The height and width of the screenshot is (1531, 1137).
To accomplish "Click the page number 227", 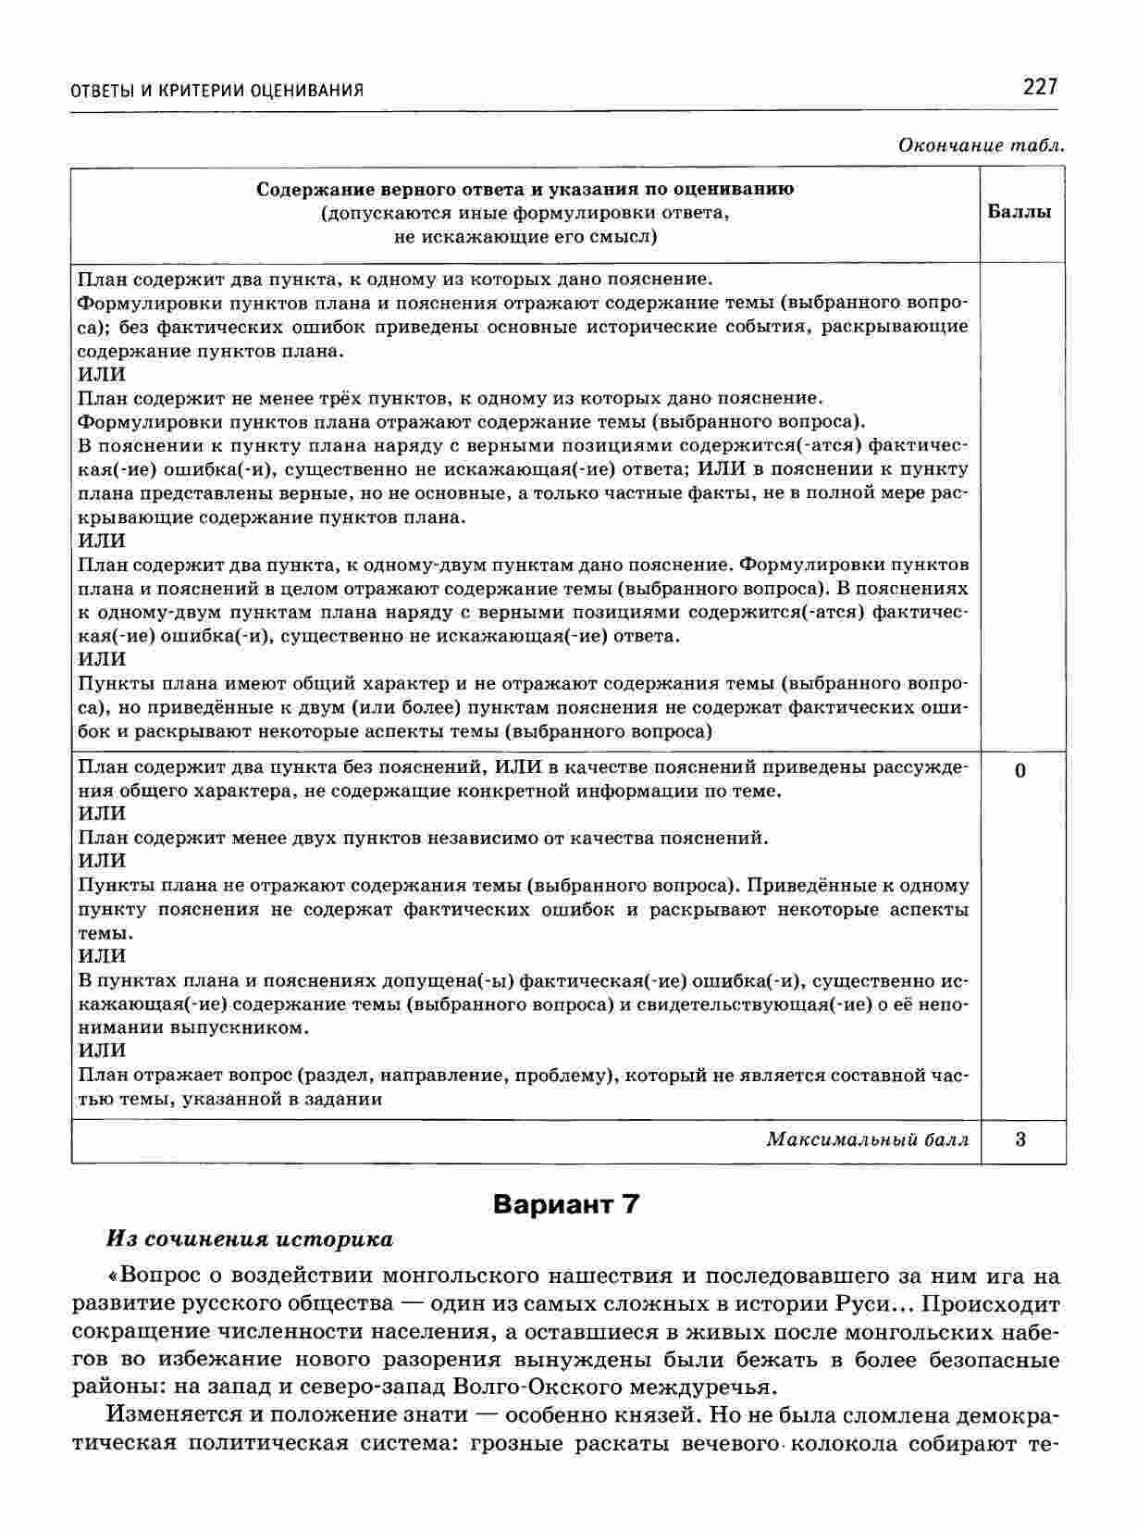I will (x=1039, y=87).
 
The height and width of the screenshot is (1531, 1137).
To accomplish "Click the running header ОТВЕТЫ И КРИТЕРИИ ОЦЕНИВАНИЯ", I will (x=217, y=91).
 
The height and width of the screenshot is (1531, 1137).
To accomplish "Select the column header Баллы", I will (x=1020, y=212).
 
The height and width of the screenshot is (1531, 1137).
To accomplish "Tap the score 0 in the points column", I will (x=1020, y=771).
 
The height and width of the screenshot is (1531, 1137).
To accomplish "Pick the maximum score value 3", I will (x=1020, y=1139).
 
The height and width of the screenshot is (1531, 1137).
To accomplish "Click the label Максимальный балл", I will (x=867, y=1139).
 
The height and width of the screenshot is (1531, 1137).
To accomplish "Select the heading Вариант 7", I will (x=566, y=1204).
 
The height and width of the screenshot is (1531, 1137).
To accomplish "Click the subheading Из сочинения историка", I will (x=250, y=1239).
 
